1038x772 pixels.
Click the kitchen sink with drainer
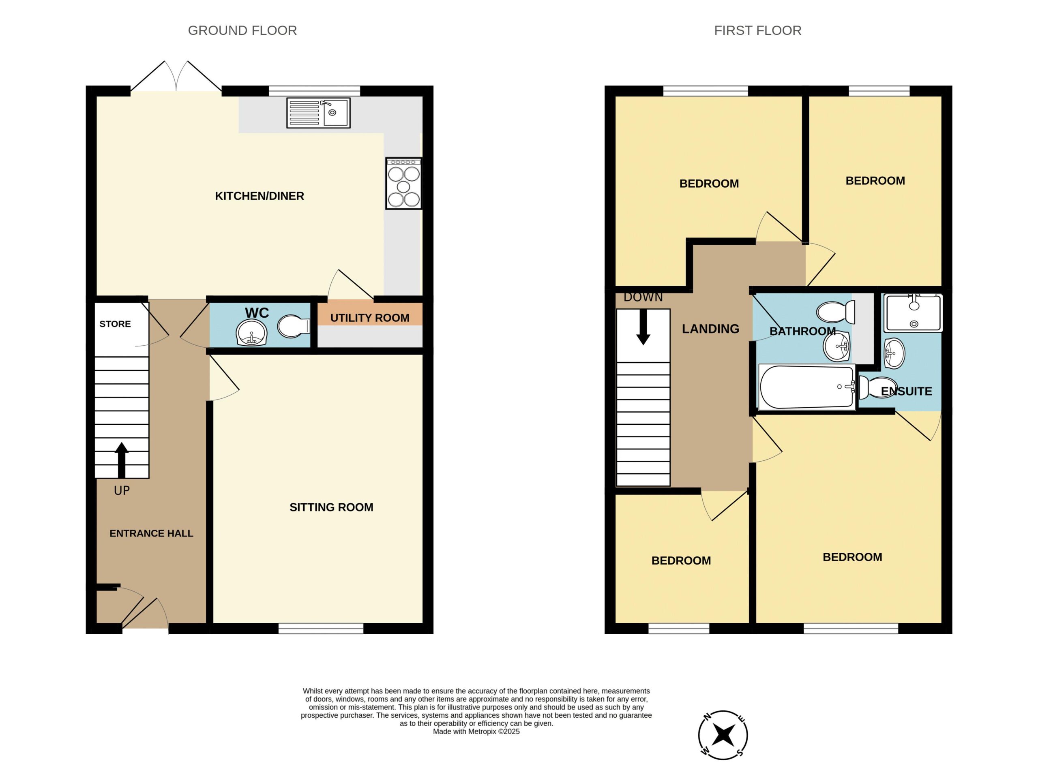(x=318, y=113)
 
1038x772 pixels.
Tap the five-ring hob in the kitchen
(x=403, y=183)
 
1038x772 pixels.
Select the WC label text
(x=257, y=312)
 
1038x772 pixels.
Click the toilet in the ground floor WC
(x=294, y=326)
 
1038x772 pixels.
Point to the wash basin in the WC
(x=251, y=332)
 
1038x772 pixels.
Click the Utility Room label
(x=369, y=318)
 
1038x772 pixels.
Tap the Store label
(x=115, y=324)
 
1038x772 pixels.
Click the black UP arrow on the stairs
(x=122, y=460)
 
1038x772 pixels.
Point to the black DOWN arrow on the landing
(x=643, y=327)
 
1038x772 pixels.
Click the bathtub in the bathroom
(x=807, y=387)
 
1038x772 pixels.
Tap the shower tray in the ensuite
(x=913, y=312)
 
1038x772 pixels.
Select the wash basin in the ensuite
(x=894, y=353)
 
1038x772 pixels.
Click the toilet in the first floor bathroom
(x=836, y=312)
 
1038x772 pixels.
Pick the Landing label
(x=710, y=329)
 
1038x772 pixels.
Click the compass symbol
(x=723, y=736)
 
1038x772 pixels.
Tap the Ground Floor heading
(x=242, y=30)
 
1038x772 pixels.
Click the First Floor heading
(x=757, y=30)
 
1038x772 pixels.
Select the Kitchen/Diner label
(x=259, y=196)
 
